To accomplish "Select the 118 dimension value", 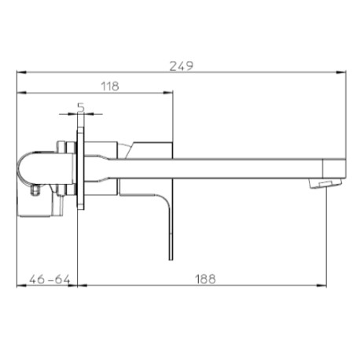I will (x=109, y=87).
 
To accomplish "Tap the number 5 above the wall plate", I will (x=80, y=106).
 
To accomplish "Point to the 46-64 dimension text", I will (x=46, y=279).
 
